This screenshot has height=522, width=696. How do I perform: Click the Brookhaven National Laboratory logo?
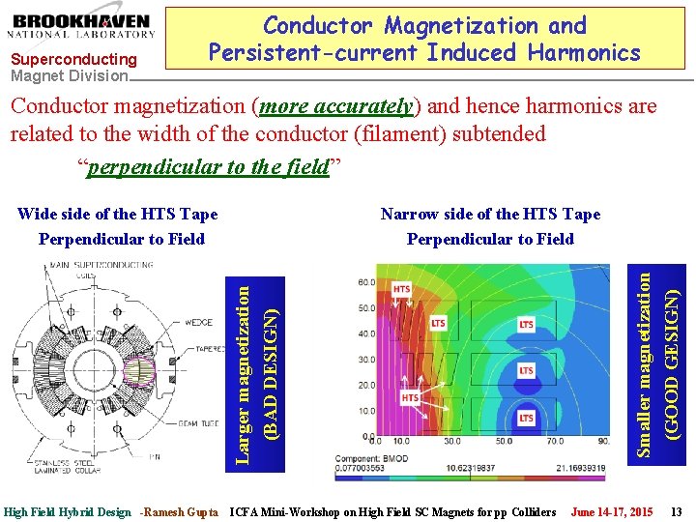(83, 29)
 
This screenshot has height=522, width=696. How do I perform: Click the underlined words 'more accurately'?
(337, 107)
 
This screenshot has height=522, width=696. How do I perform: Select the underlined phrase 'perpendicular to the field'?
(208, 167)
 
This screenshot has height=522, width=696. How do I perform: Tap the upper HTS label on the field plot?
(401, 288)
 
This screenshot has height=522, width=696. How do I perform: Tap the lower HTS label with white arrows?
(411, 397)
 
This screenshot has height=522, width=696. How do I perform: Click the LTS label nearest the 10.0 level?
(526, 418)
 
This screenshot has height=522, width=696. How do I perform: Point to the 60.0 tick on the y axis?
(366, 283)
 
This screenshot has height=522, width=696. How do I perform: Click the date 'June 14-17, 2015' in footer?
(611, 510)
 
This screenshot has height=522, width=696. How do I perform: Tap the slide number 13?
(676, 510)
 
